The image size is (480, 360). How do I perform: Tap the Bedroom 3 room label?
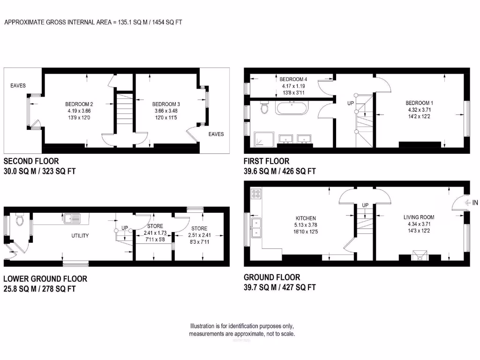point(166,104)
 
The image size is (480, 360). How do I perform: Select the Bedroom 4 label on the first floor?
point(293,79)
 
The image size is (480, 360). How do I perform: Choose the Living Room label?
point(419,217)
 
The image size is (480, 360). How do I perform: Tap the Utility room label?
point(80,235)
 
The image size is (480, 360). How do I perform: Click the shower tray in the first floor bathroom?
point(260,139)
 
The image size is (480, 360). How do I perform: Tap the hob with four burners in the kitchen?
point(256,193)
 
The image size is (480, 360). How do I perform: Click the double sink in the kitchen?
point(256,227)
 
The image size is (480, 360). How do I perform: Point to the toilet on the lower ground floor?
point(19,219)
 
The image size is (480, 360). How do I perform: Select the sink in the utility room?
point(72,217)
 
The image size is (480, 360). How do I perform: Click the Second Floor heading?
point(31,161)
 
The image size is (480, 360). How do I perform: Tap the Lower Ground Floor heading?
point(45,279)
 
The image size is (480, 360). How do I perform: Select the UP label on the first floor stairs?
point(351,103)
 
